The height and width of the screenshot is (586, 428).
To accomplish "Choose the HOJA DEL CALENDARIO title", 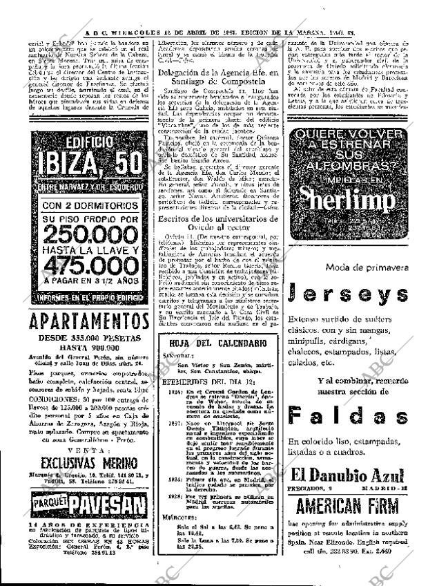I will pyautogui.click(x=215, y=343).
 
